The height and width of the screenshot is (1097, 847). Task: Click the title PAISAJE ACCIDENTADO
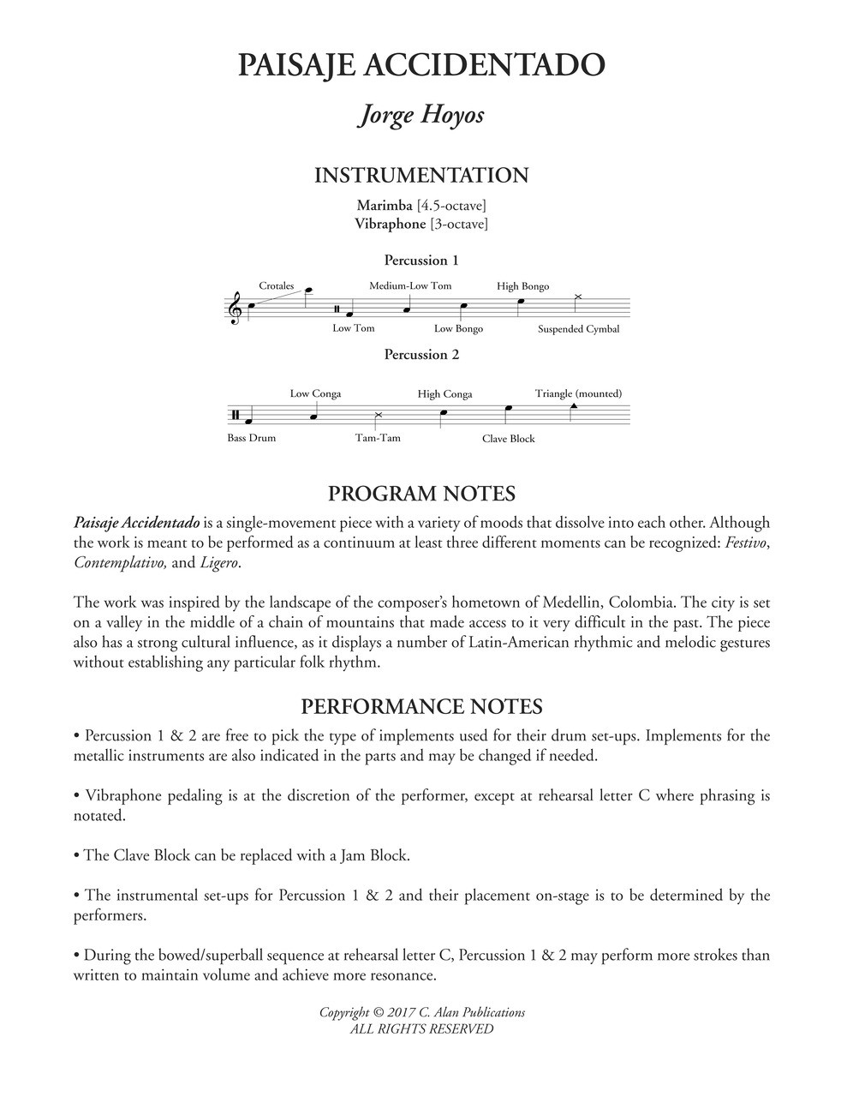[421, 65]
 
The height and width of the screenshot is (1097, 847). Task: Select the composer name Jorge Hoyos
[421, 115]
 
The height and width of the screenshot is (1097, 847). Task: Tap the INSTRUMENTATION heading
[421, 176]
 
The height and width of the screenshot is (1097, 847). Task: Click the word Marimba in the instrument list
[385, 206]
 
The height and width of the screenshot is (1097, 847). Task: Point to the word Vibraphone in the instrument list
[391, 224]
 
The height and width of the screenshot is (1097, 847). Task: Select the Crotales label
[276, 286]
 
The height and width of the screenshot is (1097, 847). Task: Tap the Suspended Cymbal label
[578, 329]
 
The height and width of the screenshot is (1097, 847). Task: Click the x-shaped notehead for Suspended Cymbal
[577, 297]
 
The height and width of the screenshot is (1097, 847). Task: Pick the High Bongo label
[522, 286]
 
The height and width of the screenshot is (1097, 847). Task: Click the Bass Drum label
[252, 438]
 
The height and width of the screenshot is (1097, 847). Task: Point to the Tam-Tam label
[378, 438]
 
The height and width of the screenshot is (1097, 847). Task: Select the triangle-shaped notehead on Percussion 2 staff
[573, 405]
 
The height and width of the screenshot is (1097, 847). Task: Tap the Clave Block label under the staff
[508, 439]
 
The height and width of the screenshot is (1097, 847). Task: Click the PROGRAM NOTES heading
[421, 494]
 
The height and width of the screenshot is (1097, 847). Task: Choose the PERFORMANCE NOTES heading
[421, 707]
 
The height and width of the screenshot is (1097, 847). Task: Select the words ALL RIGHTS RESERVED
[421, 1029]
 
